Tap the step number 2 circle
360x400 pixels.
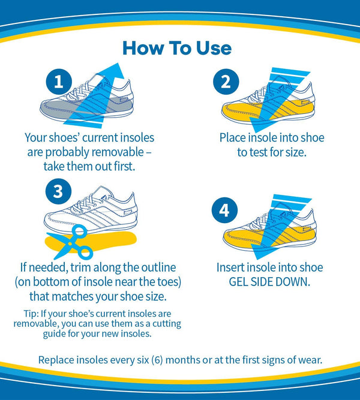(x=226, y=83)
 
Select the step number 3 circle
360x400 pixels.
(x=58, y=191)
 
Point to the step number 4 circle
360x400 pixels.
(x=224, y=210)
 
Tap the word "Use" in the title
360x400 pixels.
(x=214, y=47)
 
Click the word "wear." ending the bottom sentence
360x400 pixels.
(x=308, y=360)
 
